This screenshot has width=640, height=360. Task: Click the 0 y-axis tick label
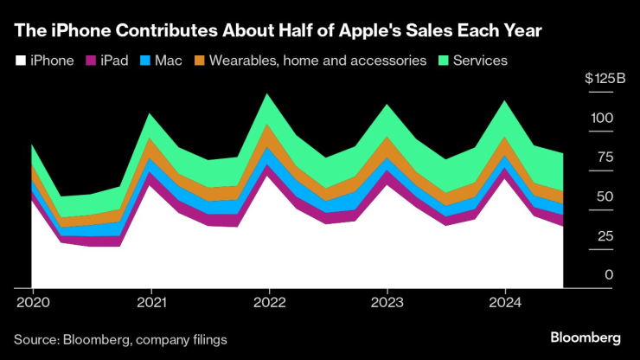click(x=609, y=274)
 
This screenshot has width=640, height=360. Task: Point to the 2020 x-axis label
click(x=32, y=303)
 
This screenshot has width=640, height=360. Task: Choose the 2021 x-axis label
click(x=151, y=303)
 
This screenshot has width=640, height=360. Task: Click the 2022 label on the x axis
click(x=269, y=303)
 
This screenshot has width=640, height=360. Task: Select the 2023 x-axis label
click(x=387, y=303)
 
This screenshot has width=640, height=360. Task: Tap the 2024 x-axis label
click(x=504, y=303)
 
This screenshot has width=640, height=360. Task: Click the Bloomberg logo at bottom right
click(x=586, y=337)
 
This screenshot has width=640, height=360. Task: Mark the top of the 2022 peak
click(x=269, y=93)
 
